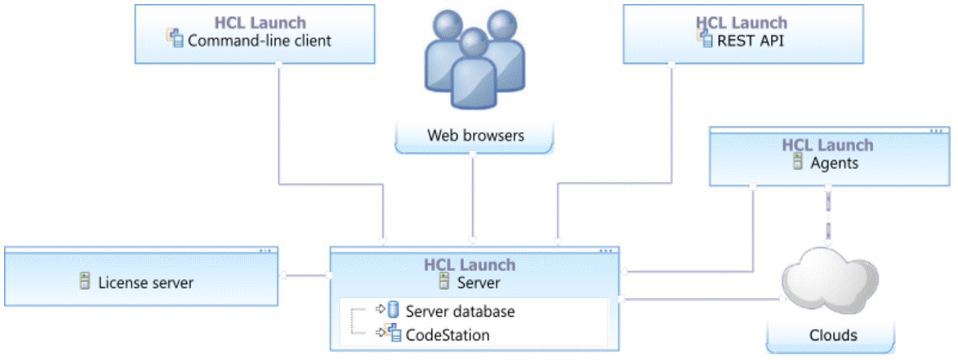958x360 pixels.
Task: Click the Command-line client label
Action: tap(260, 39)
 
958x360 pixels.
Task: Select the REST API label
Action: tap(751, 39)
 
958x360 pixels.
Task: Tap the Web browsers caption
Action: tap(475, 135)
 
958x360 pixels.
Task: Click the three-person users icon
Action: tap(475, 60)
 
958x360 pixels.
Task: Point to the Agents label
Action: tap(834, 162)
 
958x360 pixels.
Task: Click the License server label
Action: tap(145, 282)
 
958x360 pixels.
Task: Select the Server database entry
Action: tap(460, 311)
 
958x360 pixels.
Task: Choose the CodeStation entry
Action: tap(448, 334)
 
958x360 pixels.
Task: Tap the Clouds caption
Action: tap(833, 335)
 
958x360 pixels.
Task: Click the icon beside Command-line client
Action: tap(175, 38)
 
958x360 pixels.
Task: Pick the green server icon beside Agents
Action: tap(799, 162)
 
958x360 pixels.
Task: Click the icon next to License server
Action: tap(84, 282)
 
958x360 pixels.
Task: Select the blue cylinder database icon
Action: tap(394, 310)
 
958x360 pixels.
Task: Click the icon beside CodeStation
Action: tap(394, 333)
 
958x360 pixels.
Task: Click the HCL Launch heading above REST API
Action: tap(742, 22)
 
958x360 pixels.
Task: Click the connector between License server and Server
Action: tap(305, 275)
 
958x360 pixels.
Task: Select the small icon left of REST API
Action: tap(707, 38)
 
